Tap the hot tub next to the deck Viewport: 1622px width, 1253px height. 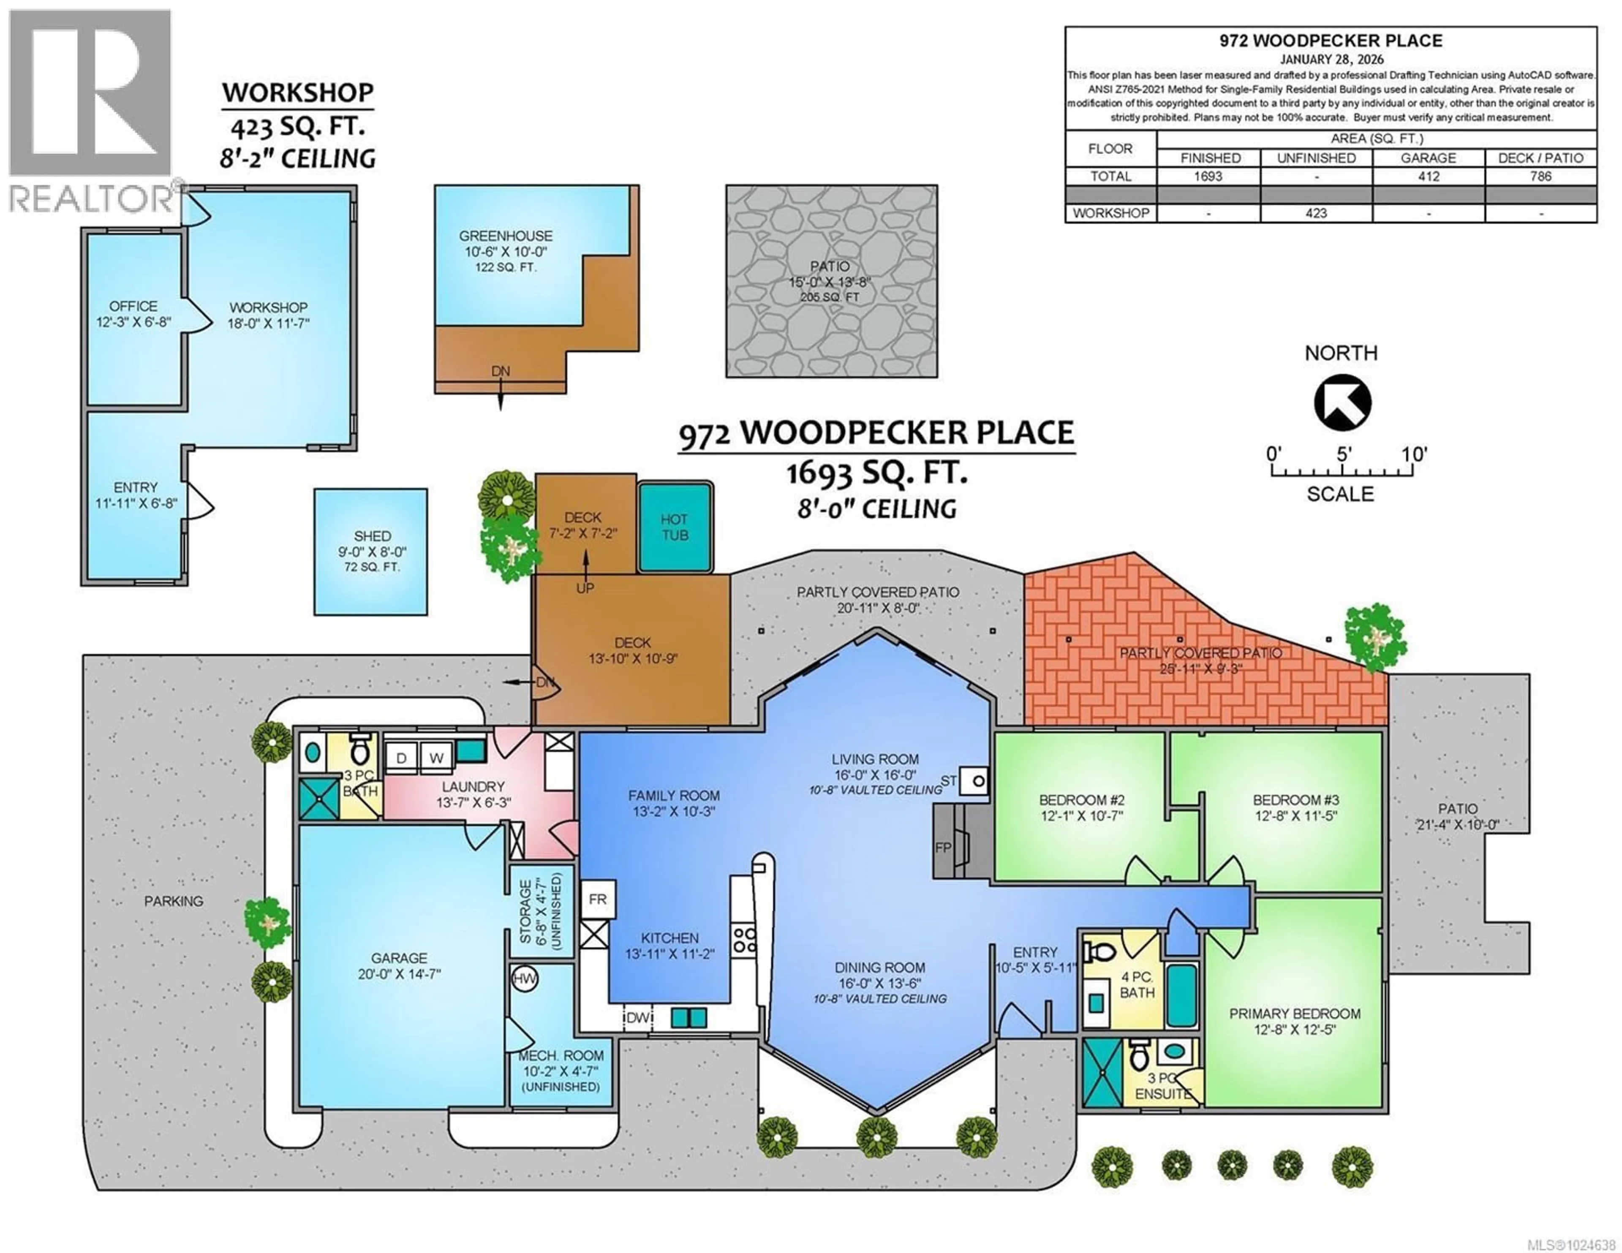click(x=674, y=527)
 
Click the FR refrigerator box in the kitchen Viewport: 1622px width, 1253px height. click(x=597, y=900)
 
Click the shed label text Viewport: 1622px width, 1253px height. click(x=372, y=536)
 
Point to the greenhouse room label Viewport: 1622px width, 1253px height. click(x=505, y=236)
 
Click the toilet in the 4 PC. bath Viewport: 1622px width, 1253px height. click(x=1098, y=952)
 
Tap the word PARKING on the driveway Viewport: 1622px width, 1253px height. click(x=173, y=901)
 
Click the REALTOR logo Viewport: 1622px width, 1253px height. click(x=91, y=111)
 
